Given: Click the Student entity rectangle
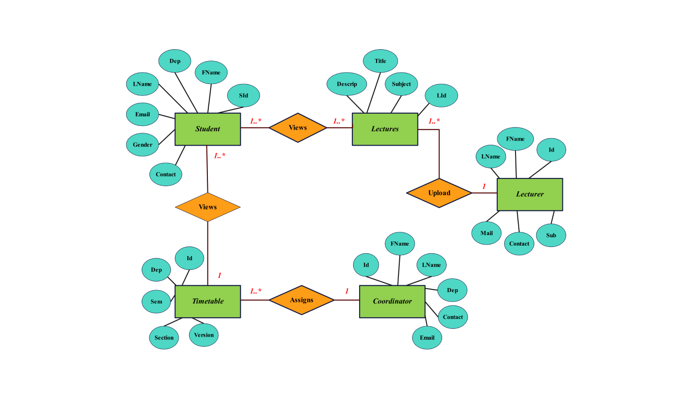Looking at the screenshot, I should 207,129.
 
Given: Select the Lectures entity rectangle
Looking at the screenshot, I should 385,129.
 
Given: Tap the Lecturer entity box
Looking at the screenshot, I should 530,194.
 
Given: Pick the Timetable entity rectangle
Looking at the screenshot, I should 207,301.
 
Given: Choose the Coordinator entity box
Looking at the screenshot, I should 392,301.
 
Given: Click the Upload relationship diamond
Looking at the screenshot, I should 439,193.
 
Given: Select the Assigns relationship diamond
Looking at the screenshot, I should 301,300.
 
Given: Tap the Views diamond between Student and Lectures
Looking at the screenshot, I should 298,128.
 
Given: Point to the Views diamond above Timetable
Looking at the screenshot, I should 207,207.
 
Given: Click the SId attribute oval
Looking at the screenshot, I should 243,95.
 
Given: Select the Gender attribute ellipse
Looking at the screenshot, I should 143,145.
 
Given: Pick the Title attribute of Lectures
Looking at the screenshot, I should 380,61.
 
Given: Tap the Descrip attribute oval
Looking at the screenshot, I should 346,84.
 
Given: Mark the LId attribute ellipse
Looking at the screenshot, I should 441,95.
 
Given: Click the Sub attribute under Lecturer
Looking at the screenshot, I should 551,236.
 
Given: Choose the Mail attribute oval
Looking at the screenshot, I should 486,233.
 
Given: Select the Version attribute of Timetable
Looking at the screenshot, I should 204,335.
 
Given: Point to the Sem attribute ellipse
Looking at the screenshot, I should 156,302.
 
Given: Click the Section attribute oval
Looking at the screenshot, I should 164,338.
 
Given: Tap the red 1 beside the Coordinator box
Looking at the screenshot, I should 347,291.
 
